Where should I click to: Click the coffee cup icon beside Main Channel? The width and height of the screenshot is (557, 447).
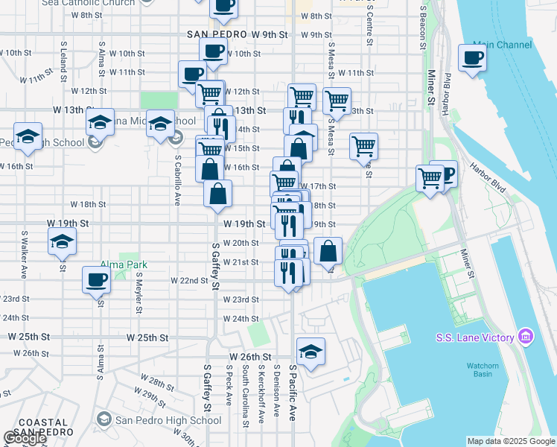click(472, 57)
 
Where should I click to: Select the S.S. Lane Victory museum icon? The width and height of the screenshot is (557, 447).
click(526, 337)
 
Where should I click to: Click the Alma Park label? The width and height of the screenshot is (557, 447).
click(125, 264)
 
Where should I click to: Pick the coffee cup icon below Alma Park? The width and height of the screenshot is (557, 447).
click(95, 281)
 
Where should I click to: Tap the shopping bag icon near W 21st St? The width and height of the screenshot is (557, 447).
click(328, 251)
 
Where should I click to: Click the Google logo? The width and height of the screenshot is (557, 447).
click(25, 437)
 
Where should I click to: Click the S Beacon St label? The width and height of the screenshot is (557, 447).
click(423, 30)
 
